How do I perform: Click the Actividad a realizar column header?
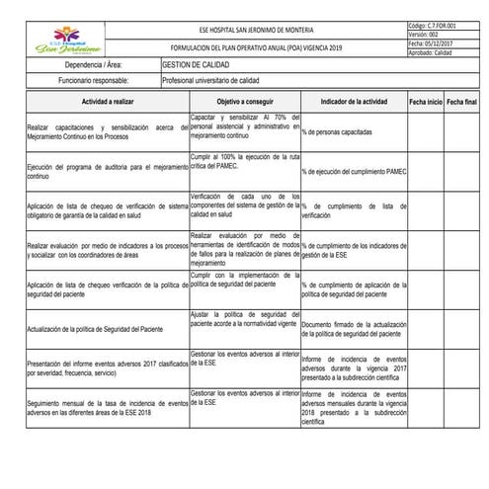point(108,102)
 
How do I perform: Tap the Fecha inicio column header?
point(424,102)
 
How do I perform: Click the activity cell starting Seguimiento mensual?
point(107,410)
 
